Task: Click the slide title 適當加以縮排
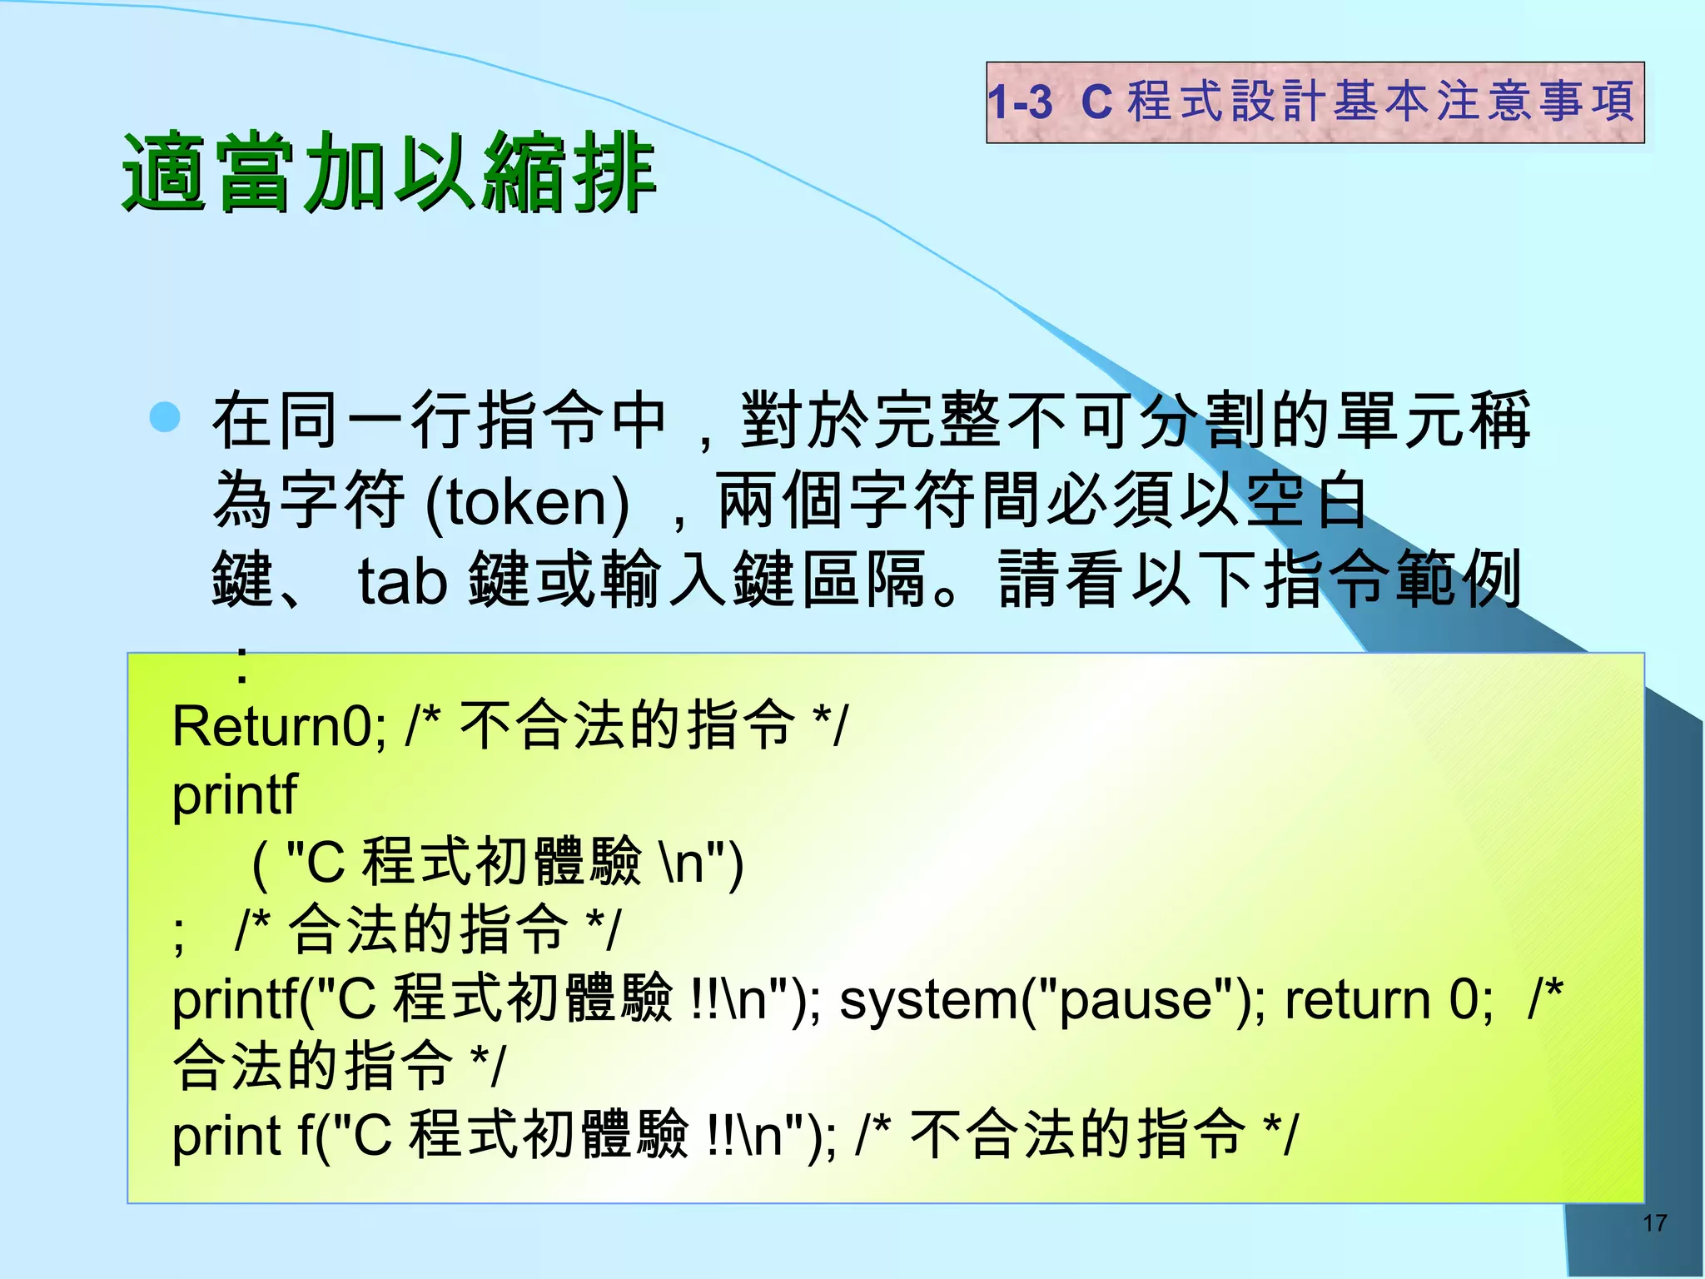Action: [x=390, y=173]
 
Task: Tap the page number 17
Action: [x=1654, y=1223]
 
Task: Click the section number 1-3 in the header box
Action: [x=1020, y=103]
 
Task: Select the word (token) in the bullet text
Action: [x=527, y=502]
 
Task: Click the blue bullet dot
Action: [x=166, y=417]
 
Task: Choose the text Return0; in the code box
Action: [x=279, y=727]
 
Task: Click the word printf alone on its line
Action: [x=234, y=795]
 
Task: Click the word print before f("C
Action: [x=226, y=1137]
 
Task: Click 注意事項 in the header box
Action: [x=1536, y=102]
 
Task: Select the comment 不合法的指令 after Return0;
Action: [x=628, y=725]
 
